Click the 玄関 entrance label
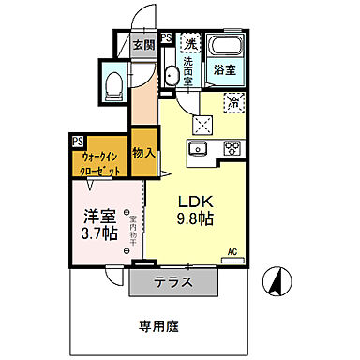(142, 44)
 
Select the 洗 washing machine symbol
(190, 42)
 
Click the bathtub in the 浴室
(225, 47)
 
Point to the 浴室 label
(223, 70)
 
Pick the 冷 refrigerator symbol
(232, 104)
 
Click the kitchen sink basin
(198, 148)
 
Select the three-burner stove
(231, 148)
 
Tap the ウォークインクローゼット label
(98, 166)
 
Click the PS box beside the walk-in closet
(76, 142)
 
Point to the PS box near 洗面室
(166, 40)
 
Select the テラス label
(173, 281)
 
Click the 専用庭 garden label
(158, 326)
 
